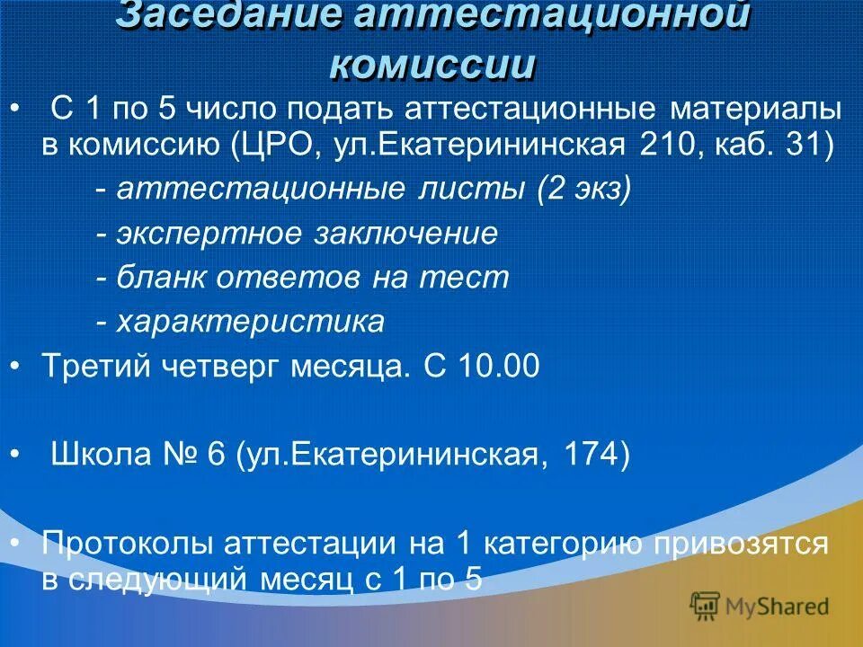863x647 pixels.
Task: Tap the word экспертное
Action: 209,234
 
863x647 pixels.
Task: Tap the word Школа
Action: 104,454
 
